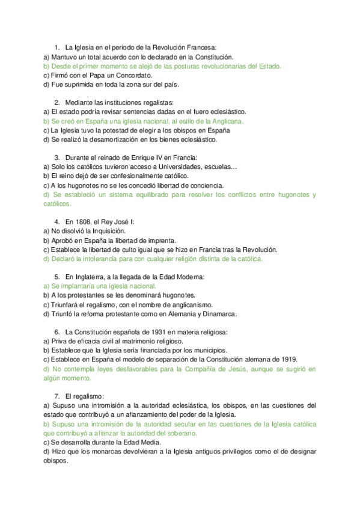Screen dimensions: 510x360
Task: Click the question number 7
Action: [x=56, y=396]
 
